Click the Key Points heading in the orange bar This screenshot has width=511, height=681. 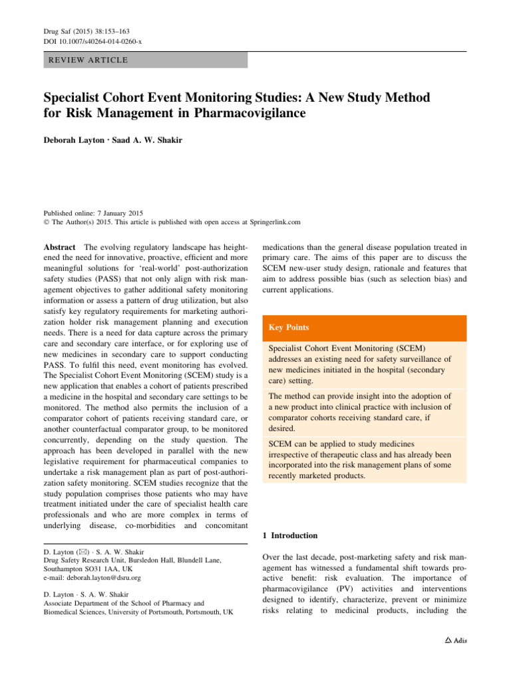(290, 328)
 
